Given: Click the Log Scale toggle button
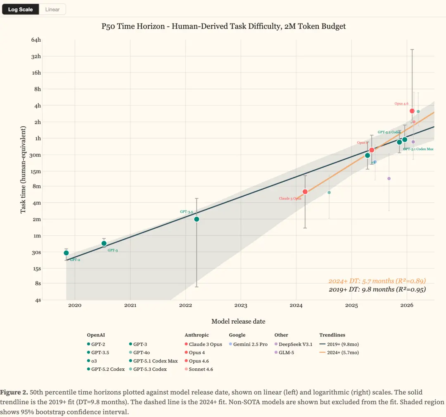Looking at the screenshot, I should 20,9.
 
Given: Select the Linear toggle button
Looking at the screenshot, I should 52,9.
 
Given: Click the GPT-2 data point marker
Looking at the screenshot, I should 66,253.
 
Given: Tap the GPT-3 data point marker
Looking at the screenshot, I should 104,243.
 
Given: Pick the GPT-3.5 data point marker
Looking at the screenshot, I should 197,219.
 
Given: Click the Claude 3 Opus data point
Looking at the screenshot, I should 305,192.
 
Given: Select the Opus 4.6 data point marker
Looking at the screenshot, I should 412,111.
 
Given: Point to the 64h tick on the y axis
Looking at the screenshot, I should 36,40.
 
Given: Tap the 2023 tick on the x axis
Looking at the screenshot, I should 241,306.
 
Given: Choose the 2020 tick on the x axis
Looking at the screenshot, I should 75,306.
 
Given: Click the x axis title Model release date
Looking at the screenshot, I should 238,321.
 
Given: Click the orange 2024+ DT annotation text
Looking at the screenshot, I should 377,281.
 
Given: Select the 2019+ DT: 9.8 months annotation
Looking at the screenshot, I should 377,289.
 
